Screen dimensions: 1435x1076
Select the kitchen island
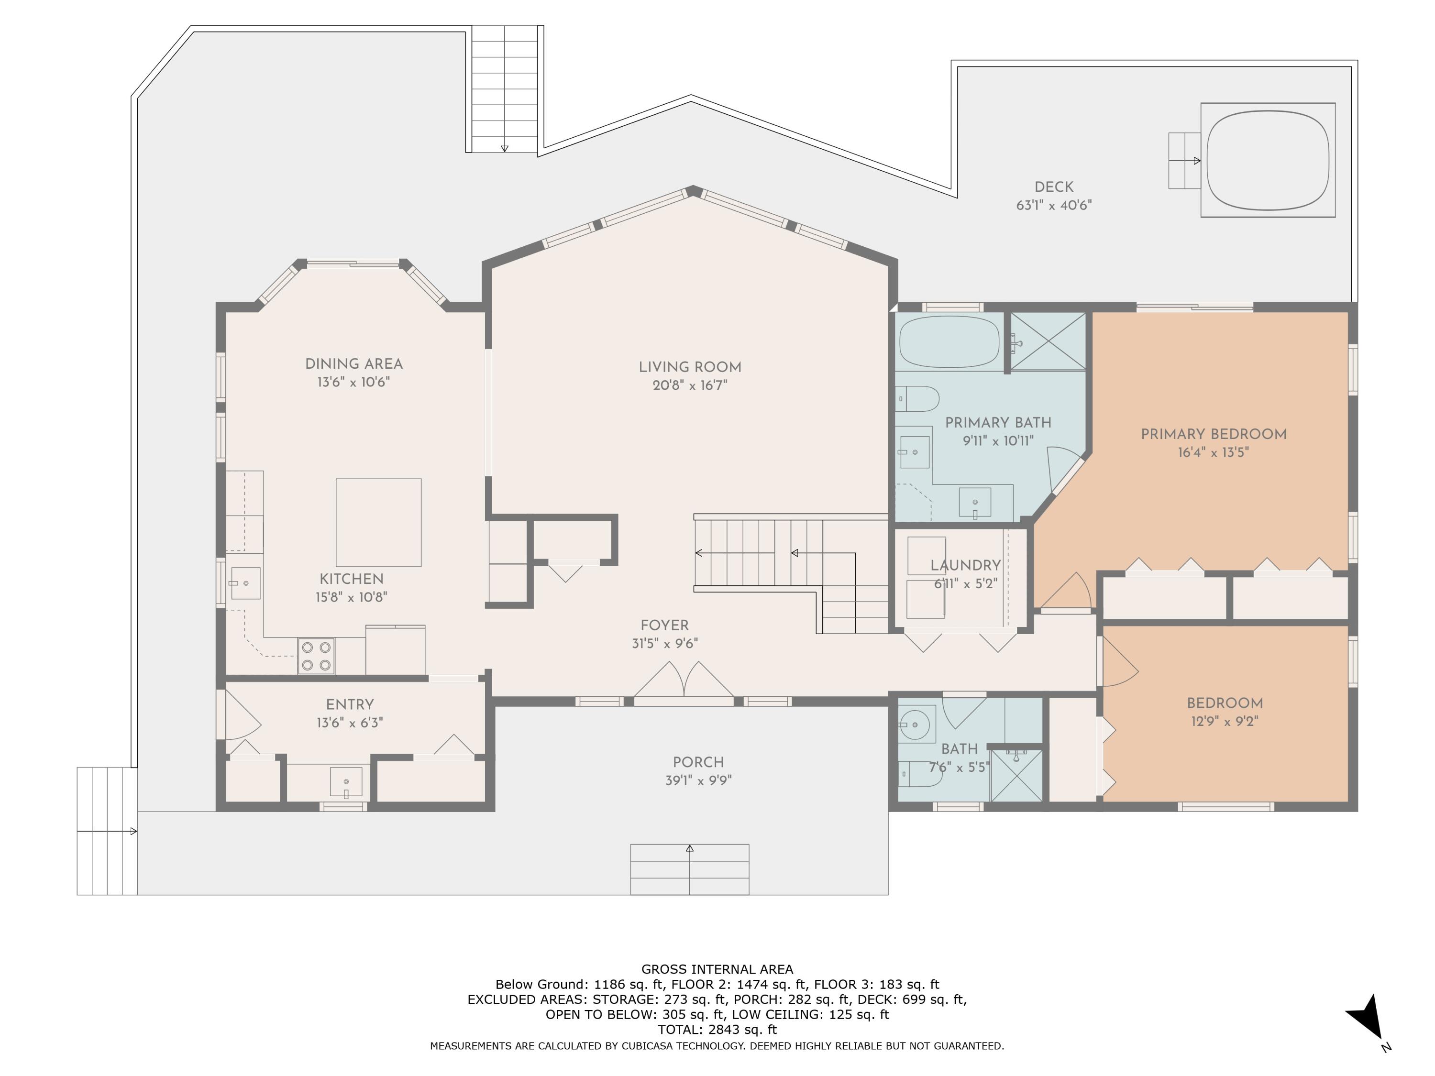click(378, 522)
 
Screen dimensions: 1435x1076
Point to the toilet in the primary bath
click(917, 399)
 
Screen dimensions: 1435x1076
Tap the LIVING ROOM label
click(690, 367)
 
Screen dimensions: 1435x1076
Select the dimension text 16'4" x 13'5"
click(1213, 452)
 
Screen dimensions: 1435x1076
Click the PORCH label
click(698, 762)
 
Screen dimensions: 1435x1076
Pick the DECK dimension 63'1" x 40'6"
click(1054, 205)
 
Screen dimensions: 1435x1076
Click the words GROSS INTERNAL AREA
click(717, 969)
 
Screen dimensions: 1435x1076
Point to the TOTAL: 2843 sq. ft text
click(717, 1029)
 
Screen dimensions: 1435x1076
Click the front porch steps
click(690, 869)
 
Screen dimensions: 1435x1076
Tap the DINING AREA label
click(353, 364)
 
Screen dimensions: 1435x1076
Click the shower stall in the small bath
click(1016, 775)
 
